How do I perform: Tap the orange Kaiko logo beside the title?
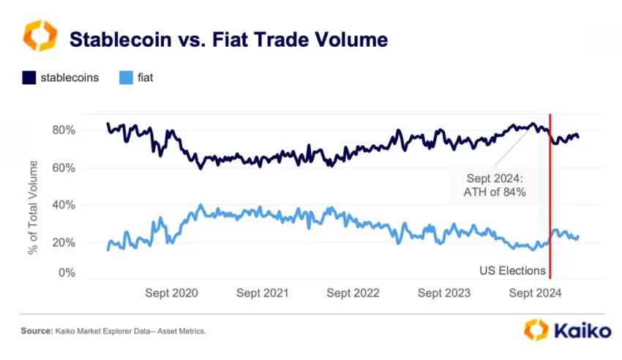tap(38, 36)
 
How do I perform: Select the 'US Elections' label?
tap(512, 271)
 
